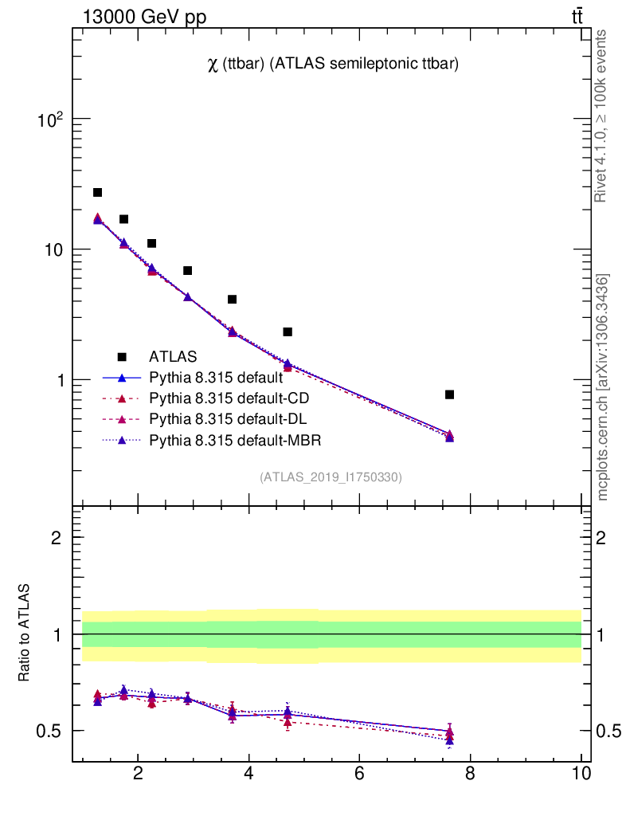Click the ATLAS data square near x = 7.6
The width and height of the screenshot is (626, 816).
coord(449,394)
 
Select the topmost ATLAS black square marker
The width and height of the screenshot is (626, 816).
coord(97,192)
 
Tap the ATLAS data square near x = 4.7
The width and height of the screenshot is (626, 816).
coord(288,331)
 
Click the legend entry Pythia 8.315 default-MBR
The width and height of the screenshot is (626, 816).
coord(235,440)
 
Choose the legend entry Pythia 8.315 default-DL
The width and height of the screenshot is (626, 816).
coord(228,419)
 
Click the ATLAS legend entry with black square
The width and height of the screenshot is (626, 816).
coord(173,357)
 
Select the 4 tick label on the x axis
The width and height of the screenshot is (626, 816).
coord(249,773)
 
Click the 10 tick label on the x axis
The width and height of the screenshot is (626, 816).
coord(581,773)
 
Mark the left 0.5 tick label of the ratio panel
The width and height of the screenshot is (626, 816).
coord(52,732)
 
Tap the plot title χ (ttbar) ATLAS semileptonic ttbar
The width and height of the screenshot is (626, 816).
coord(332,65)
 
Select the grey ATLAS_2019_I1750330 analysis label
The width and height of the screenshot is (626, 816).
coord(331,477)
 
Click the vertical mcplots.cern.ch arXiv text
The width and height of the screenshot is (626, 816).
coord(603,387)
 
